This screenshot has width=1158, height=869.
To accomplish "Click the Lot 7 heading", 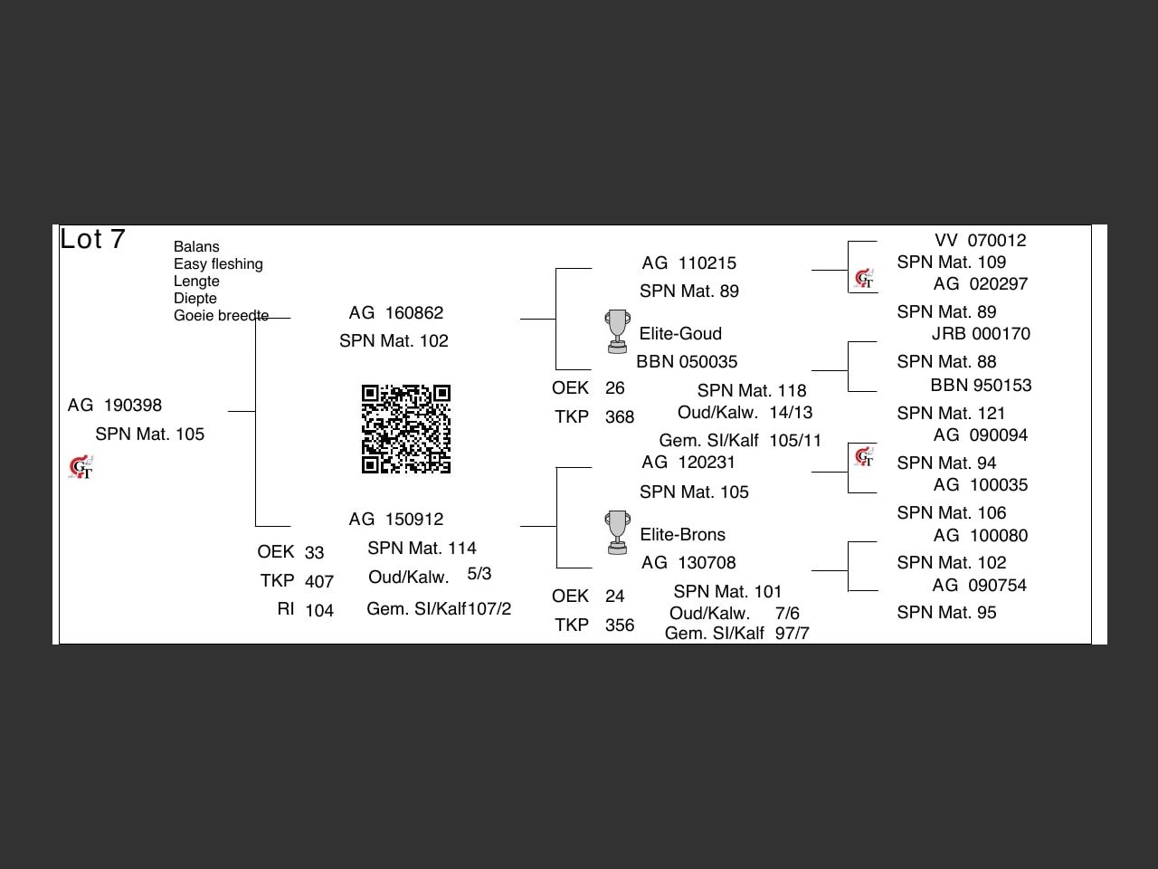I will coord(92,239).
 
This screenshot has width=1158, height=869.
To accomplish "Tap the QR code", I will coord(406,429).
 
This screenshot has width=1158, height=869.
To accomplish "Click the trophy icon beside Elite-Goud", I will coord(617,331).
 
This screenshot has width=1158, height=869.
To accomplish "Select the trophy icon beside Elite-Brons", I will coord(617,532).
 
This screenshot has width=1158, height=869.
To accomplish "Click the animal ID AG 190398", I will coord(115,406).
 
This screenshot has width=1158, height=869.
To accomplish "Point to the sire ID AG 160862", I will coord(396,313).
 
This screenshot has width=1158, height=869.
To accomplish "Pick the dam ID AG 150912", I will coord(396,520).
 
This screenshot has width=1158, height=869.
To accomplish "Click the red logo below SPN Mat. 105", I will coord(81,468).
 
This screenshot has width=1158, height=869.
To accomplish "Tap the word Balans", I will coord(196,247).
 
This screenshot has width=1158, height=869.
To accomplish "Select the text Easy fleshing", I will coord(218,264).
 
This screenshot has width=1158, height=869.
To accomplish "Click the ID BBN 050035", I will coord(687,362).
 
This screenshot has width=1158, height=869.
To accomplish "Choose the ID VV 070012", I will coord(981,241).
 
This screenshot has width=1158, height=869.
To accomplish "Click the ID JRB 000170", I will coord(981,334).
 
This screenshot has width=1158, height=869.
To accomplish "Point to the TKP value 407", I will coord(319,582).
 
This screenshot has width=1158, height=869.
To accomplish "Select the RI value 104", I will coord(319,611).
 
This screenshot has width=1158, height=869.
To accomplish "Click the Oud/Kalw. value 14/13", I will coord(791,413).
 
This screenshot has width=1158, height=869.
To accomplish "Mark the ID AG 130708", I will coord(688,563).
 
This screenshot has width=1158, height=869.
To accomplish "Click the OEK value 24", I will coord(615,597).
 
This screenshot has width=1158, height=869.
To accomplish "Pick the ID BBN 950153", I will coord(981,386).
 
